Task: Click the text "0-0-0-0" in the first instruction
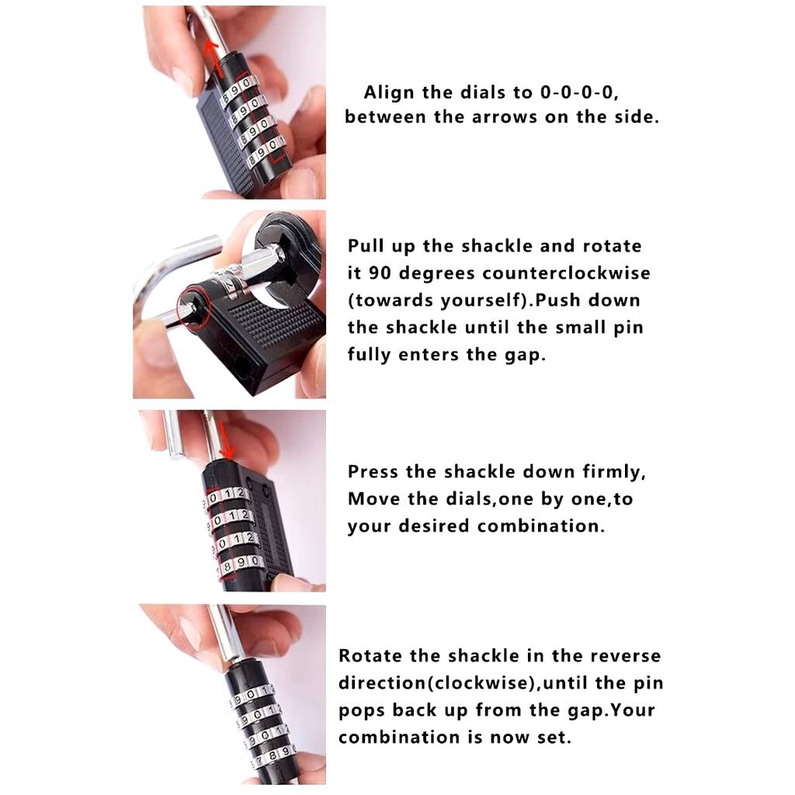pyautogui.click(x=578, y=92)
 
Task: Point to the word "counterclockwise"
pyautogui.click(x=566, y=273)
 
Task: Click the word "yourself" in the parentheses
pyautogui.click(x=484, y=300)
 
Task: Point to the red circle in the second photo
pyautogui.click(x=193, y=308)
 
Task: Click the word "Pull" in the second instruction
pyautogui.click(x=366, y=246)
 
